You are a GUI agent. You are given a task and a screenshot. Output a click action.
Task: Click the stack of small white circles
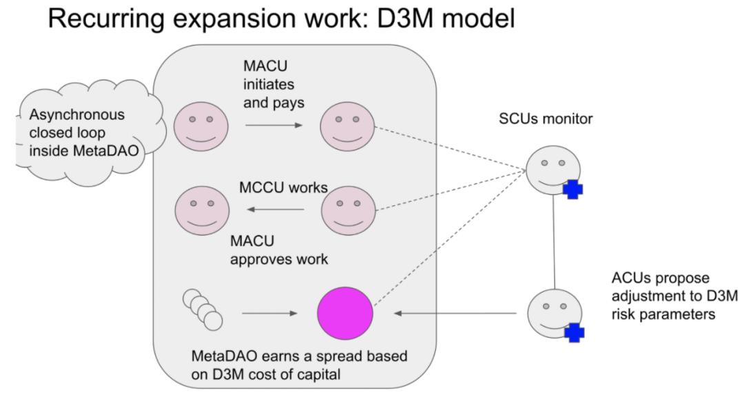[x=203, y=308]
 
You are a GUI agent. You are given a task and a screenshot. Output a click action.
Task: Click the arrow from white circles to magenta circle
[x=270, y=314]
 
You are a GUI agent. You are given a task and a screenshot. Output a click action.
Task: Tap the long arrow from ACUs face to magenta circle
[x=455, y=314]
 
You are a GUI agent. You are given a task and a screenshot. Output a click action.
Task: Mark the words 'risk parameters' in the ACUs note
[x=655, y=314]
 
